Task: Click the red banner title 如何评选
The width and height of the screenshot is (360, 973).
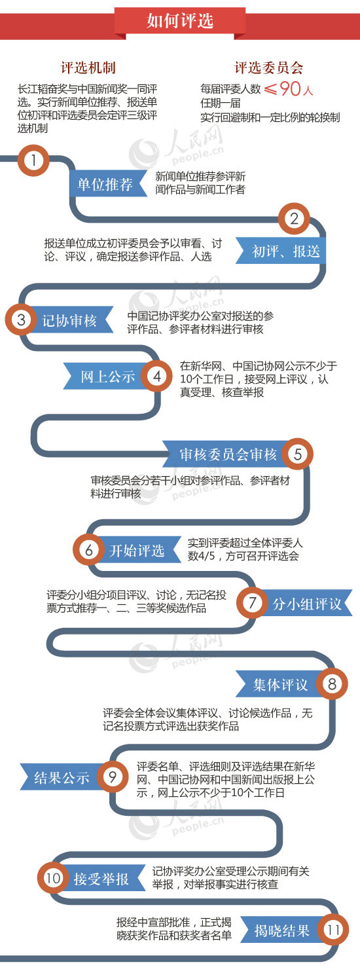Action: click(x=180, y=20)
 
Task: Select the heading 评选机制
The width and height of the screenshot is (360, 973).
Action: click(x=88, y=67)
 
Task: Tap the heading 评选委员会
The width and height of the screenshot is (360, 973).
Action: click(x=268, y=67)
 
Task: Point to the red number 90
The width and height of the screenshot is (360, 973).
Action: click(x=290, y=88)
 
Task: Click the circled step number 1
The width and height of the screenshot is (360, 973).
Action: click(x=33, y=160)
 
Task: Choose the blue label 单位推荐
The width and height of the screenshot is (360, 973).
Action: click(x=105, y=184)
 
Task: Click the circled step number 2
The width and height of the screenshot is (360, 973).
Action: click(x=294, y=219)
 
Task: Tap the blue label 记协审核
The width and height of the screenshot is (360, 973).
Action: click(x=69, y=321)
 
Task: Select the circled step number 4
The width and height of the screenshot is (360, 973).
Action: click(x=157, y=376)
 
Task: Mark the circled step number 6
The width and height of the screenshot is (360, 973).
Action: click(x=88, y=550)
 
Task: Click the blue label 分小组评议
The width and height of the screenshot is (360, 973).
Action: click(x=306, y=604)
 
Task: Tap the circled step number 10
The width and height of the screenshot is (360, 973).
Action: click(x=52, y=878)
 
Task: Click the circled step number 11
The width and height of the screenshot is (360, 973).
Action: click(x=333, y=930)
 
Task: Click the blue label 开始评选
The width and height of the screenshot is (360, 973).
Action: click(x=137, y=551)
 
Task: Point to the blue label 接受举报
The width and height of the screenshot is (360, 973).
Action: click(x=101, y=879)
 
